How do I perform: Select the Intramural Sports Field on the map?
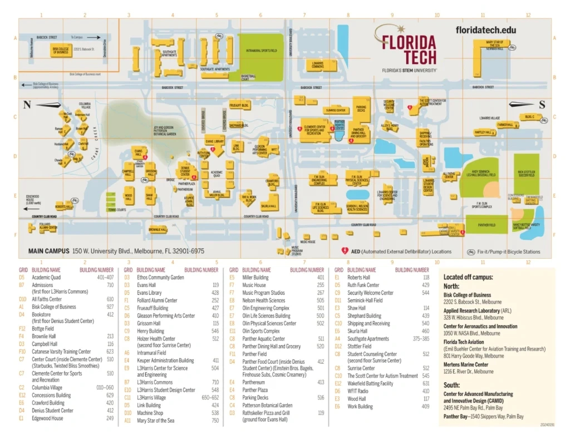click(261, 51)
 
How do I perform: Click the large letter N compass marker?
click(27, 105)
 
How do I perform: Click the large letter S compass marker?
click(542, 105)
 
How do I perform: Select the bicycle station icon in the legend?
click(471, 251)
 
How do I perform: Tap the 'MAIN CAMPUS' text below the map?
click(48, 251)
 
